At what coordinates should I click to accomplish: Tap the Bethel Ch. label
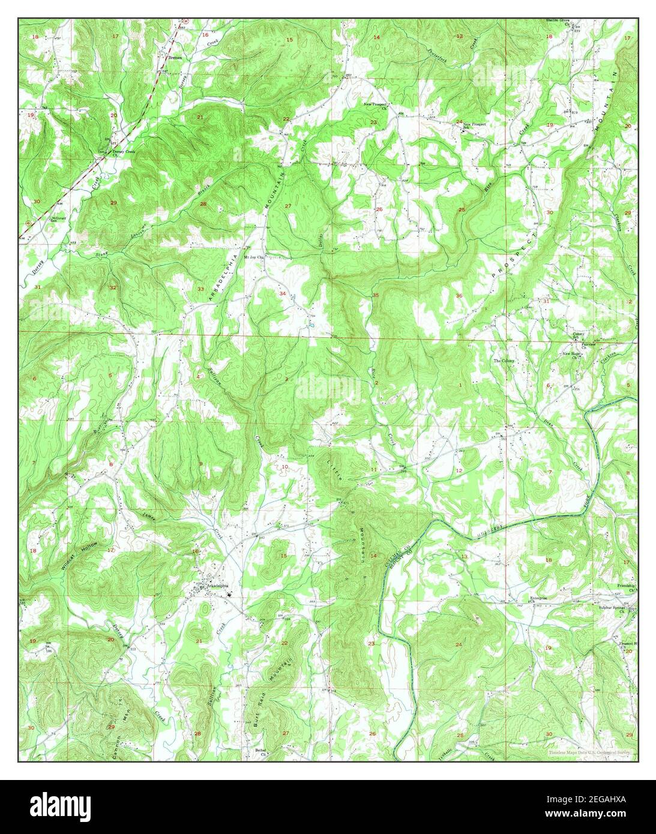[261, 750]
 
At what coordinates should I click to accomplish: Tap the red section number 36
[459, 295]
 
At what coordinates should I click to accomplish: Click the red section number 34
[282, 293]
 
